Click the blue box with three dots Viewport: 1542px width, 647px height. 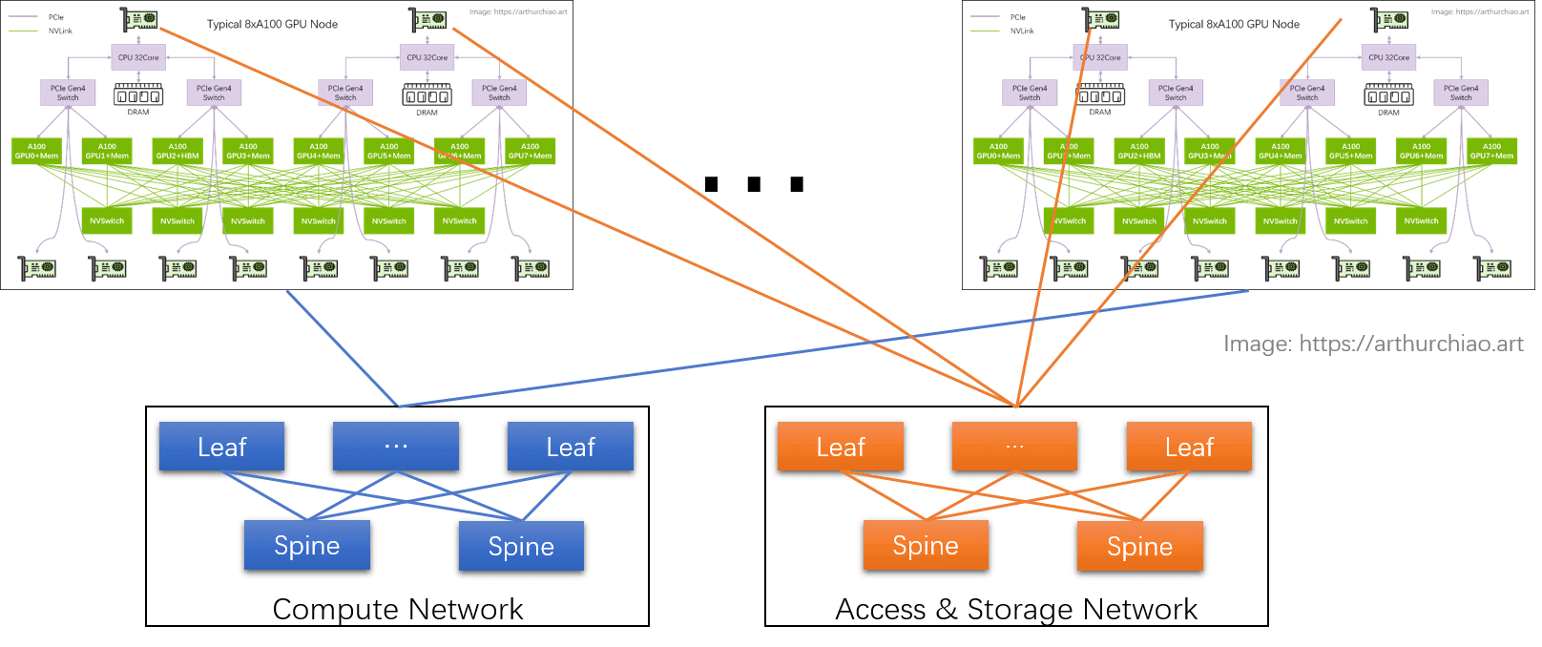tap(395, 447)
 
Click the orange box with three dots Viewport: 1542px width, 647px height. tap(1014, 447)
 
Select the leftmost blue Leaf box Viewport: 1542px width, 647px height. tap(221, 447)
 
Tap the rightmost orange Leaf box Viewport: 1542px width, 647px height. tap(1189, 447)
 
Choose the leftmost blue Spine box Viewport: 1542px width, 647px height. tap(306, 546)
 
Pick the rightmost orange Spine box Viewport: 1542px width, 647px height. tap(1139, 547)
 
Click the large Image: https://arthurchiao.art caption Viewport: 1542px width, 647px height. tap(1373, 344)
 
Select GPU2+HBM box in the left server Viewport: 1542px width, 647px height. tap(177, 151)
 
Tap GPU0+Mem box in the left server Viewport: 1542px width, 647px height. tap(36, 151)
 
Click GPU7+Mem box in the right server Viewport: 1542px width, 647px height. tap(1491, 151)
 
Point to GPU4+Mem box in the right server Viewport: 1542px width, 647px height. tap(1281, 151)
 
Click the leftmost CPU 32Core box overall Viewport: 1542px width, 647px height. tap(138, 57)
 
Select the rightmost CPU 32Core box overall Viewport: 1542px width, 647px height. tap(1388, 57)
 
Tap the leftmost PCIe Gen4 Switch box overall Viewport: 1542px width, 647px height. tap(68, 93)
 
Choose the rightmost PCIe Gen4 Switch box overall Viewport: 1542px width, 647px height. tap(1461, 93)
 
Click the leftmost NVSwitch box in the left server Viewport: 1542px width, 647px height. tap(107, 220)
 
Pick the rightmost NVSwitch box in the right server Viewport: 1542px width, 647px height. tap(1421, 220)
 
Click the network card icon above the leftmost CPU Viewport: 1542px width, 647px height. tap(141, 19)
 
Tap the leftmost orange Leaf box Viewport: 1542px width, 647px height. tap(840, 447)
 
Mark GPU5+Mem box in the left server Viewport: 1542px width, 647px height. tap(389, 151)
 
